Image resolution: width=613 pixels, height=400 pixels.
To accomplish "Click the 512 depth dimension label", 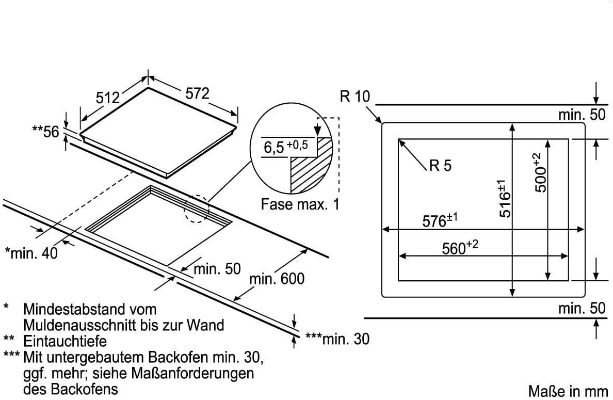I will [x=107, y=98].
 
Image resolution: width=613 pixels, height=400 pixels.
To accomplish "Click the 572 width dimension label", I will [x=198, y=93].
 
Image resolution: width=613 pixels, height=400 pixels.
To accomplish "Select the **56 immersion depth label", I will [x=45, y=132].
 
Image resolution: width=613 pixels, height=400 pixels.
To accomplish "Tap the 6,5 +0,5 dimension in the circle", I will [x=285, y=148].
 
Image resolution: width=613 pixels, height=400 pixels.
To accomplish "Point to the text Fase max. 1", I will [x=300, y=204].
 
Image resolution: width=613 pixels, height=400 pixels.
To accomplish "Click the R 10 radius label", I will [x=355, y=97].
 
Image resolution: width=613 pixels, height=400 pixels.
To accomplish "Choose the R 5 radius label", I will [x=440, y=166].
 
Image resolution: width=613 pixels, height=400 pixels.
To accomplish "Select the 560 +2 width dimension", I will [x=460, y=248].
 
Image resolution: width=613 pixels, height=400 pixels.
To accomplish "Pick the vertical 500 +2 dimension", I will [x=540, y=173].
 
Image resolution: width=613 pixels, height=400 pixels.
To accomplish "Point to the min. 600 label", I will [x=277, y=279].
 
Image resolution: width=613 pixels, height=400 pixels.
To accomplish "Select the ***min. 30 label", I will [x=337, y=339].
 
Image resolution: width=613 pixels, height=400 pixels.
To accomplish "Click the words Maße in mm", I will [x=568, y=390].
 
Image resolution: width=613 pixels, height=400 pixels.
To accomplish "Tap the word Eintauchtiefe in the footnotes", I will [x=65, y=341].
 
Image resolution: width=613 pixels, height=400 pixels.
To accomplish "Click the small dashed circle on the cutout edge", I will [x=196, y=209].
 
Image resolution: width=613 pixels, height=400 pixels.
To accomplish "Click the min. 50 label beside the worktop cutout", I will [x=217, y=269].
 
